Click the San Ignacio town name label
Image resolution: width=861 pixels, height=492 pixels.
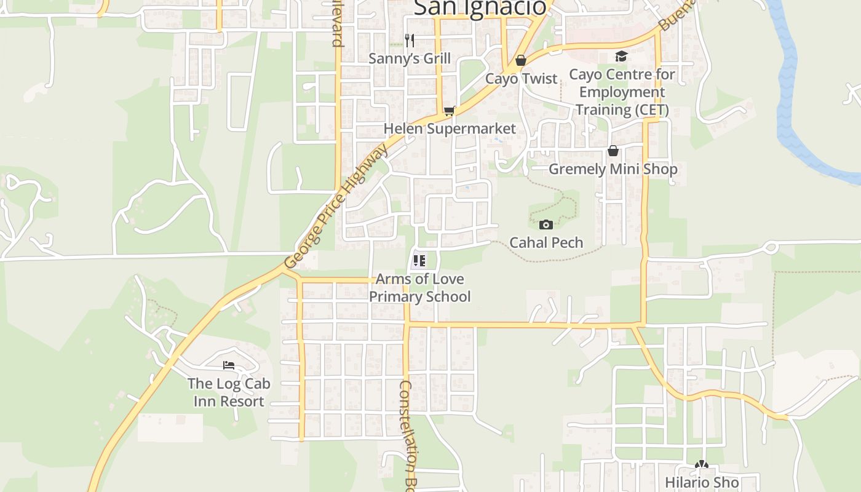[x=480, y=7]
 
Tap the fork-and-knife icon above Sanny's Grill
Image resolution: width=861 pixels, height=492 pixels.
[x=410, y=41]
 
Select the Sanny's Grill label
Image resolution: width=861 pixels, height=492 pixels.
[x=410, y=58]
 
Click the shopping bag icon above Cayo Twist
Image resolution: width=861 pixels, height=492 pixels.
[x=521, y=60]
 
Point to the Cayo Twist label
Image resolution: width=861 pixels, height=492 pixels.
[x=521, y=79]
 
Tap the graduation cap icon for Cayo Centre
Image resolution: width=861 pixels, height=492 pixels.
[x=621, y=57]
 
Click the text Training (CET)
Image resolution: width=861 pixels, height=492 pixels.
[x=621, y=110]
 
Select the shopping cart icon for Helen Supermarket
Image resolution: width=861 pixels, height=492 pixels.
[x=450, y=111]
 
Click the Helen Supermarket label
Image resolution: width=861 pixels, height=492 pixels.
[x=450, y=129]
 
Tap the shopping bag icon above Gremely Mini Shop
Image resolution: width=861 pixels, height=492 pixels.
[x=613, y=151]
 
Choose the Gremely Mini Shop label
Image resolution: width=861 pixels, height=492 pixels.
[x=613, y=169]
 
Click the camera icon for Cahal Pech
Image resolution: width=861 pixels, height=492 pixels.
[x=546, y=224]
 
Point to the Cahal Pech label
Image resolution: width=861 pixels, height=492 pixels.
[x=546, y=242]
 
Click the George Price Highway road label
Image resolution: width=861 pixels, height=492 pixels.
[x=336, y=206]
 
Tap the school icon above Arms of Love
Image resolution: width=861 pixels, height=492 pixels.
[x=419, y=261]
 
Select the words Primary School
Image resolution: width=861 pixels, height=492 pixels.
[x=420, y=296]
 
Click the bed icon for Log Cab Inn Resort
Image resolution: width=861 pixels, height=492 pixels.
[x=229, y=365]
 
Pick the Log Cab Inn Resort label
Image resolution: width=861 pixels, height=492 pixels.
[x=229, y=392]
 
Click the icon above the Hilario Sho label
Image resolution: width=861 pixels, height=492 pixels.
[x=701, y=464]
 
